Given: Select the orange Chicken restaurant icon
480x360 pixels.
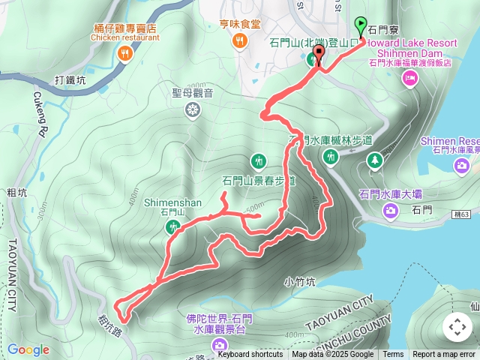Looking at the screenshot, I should [x=125, y=53].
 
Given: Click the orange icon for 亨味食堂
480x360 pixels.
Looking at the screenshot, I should [x=240, y=42].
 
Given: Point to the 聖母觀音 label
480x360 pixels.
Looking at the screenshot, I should [x=193, y=93].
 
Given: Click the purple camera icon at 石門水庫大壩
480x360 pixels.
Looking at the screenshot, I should [x=391, y=211].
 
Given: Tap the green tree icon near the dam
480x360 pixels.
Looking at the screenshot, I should [x=373, y=160].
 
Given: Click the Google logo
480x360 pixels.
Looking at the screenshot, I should [x=28, y=349].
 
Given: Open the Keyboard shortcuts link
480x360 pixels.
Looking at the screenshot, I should [x=250, y=355].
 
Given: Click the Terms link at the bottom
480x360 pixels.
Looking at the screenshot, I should [x=393, y=355].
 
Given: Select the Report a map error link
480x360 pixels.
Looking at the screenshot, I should [x=444, y=355].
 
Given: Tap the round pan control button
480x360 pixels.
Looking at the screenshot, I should [x=457, y=327].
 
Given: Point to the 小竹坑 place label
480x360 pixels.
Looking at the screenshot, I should [x=301, y=283].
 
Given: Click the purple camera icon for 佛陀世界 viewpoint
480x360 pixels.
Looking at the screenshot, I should [x=220, y=344].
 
